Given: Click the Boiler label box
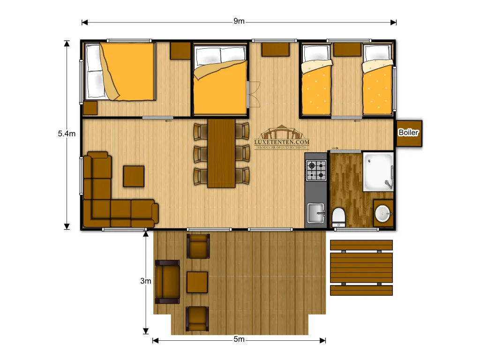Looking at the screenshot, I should [x=409, y=133].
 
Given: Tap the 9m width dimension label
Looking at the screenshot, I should [x=239, y=22].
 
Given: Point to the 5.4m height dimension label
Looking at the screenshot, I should [x=67, y=134].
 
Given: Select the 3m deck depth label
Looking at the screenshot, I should [x=146, y=281].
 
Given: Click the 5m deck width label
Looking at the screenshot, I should [x=239, y=340].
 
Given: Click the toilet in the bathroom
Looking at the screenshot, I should [x=338, y=217].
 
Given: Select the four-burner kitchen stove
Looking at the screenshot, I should [x=316, y=171].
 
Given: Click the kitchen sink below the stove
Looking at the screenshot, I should [x=316, y=213].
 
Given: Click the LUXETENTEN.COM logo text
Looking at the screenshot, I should [x=282, y=141].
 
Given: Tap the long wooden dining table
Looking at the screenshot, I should [x=221, y=153].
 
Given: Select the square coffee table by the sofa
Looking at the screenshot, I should [x=134, y=176].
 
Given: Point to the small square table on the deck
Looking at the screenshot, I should [x=197, y=282].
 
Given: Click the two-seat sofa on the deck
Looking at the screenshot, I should [x=167, y=282].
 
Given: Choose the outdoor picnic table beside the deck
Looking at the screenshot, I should [x=361, y=268].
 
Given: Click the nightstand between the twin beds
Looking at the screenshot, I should [x=347, y=49].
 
